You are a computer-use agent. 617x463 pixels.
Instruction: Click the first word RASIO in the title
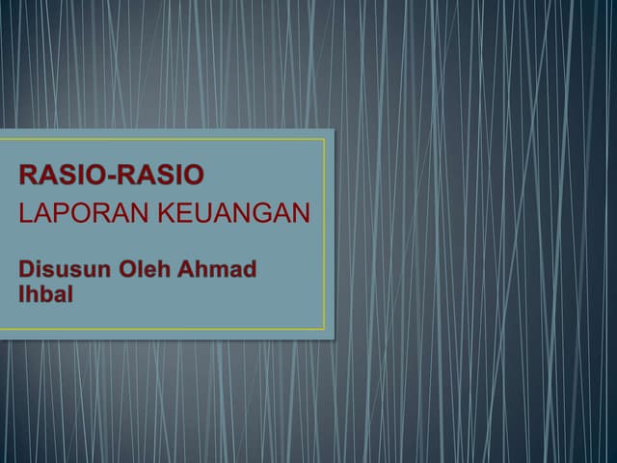point(58,176)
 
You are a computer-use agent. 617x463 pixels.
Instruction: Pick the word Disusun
point(64,269)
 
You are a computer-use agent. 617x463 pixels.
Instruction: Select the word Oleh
point(144,269)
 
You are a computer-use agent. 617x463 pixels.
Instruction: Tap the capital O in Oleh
point(126,269)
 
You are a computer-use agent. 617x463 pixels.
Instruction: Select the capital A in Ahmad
point(187,269)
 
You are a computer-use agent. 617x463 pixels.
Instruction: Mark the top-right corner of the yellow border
point(324,139)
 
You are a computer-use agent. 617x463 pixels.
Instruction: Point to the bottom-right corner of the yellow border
point(324,329)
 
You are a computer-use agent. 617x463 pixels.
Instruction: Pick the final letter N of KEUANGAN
point(302,214)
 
